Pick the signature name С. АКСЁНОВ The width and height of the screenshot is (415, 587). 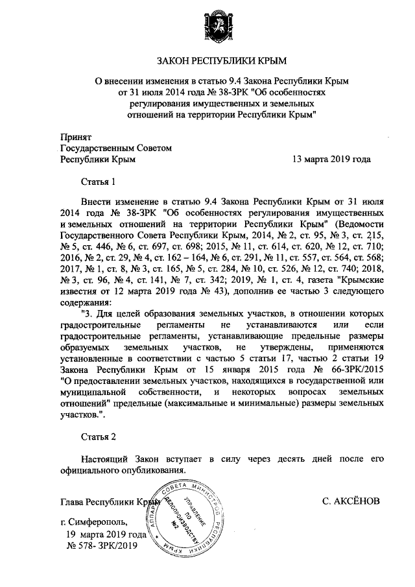point(350,501)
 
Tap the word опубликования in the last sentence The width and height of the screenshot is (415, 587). point(156,470)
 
